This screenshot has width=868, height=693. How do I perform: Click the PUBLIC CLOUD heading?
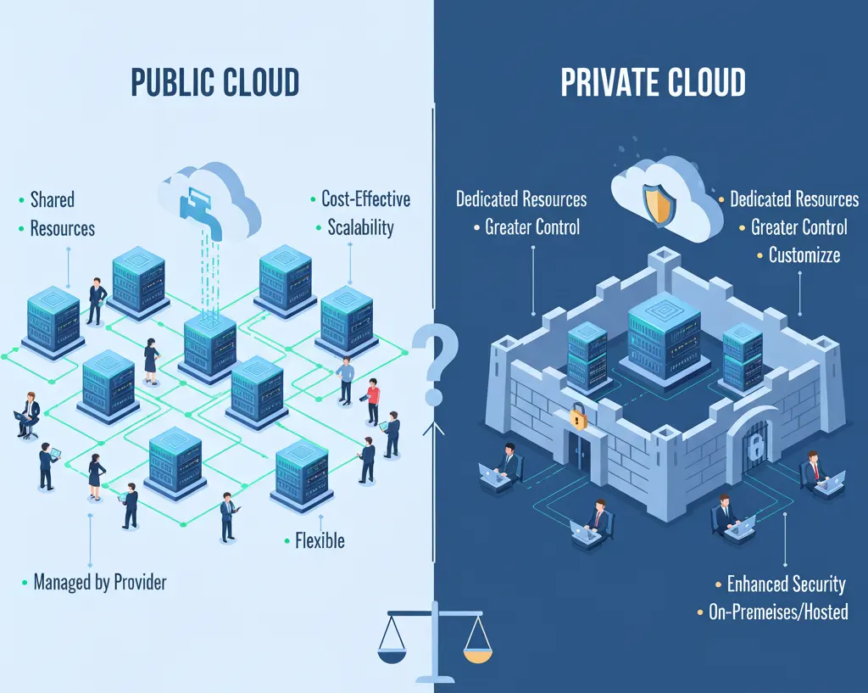point(214,82)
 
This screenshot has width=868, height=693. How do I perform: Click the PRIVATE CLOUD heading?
point(653,82)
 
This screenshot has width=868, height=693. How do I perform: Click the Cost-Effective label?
point(365,199)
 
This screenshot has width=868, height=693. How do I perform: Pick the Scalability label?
point(360,227)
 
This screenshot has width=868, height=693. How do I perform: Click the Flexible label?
point(320,540)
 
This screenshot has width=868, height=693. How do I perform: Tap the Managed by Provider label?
point(99,582)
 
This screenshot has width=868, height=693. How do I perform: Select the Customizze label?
point(804,254)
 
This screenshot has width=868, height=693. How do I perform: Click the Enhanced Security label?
point(786,584)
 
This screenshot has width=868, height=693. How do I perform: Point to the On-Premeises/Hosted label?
point(777,612)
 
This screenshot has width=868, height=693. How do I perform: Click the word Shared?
point(52,199)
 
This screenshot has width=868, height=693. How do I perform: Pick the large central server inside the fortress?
point(664,339)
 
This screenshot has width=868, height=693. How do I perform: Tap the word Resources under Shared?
point(62,228)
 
